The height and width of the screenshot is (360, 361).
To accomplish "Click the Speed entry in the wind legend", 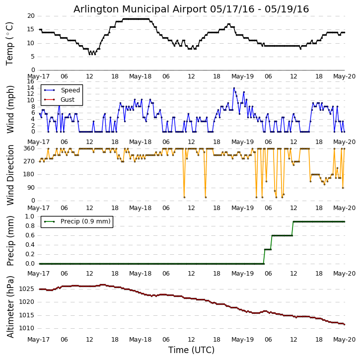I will (70, 90).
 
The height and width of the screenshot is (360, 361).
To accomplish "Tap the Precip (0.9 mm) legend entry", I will (85, 221).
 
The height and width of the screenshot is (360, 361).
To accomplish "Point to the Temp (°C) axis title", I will (10, 43).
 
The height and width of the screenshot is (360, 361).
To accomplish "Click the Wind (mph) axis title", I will (10, 109).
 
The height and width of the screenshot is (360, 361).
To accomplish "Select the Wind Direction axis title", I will (10, 175).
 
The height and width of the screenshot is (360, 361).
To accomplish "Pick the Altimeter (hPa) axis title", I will (10, 306).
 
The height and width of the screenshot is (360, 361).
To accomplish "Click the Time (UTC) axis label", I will (191, 350).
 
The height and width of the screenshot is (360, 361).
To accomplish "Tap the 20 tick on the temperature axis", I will (31, 16).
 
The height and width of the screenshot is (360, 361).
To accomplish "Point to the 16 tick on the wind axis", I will (31, 81).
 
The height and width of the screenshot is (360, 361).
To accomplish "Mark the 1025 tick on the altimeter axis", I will (26, 289).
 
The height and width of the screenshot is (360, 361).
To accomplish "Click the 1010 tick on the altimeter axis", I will (26, 328).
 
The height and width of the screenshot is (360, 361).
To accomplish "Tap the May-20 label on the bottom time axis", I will (344, 340).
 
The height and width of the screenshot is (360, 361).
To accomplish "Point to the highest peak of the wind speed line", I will (234, 88).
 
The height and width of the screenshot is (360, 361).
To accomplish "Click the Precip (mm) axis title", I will (10, 240).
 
